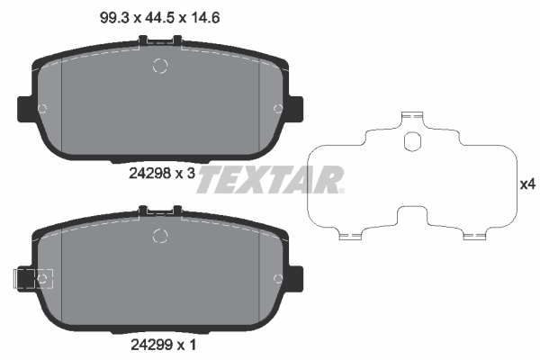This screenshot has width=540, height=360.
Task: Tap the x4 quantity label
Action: click(528, 184)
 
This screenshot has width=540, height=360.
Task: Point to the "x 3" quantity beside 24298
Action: click(186, 175)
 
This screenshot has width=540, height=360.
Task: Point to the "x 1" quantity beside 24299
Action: click(186, 343)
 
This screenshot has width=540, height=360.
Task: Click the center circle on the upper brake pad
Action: click(161, 66)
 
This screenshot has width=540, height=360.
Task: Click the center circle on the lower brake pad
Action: click(161, 236)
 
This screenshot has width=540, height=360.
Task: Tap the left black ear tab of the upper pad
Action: click(24, 108)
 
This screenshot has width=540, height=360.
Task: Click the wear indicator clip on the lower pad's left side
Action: click(27, 279)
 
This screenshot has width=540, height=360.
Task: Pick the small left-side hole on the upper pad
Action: click(41, 108)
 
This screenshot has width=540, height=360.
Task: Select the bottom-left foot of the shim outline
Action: click(350, 235)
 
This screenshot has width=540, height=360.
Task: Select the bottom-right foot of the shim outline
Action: click(474, 235)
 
